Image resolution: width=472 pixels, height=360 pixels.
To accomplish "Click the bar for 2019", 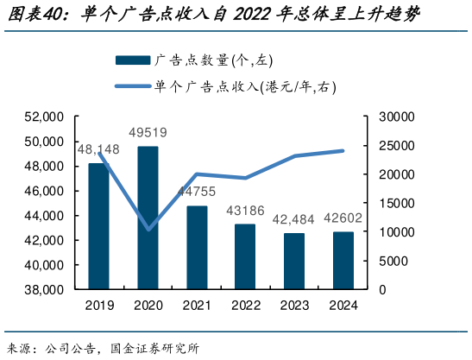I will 99,226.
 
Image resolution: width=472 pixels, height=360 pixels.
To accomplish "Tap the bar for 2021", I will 197,247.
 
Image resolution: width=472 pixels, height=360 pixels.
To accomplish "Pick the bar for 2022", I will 246,256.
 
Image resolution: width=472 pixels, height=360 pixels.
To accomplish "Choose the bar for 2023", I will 294,261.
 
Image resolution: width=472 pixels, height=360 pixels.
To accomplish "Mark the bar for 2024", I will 343,260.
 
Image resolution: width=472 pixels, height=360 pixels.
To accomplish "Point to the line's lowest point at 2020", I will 148,230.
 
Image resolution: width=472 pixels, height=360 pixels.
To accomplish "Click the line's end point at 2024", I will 343,150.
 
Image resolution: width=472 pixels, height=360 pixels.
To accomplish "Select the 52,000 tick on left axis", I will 47,117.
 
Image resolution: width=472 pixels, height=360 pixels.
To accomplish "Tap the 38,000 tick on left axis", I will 47,290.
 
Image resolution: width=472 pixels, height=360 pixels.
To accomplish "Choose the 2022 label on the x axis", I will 246,305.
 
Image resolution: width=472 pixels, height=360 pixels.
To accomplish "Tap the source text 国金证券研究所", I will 155,349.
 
